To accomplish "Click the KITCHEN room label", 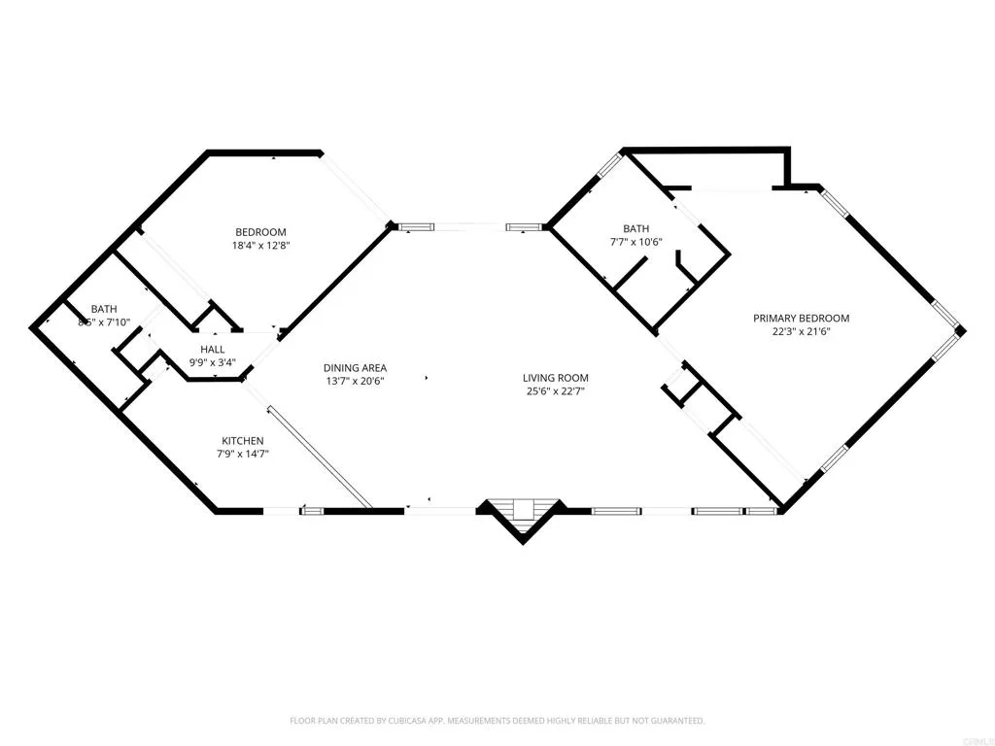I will click(242, 441).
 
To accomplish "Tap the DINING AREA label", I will click(355, 368).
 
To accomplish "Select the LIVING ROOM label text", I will click(556, 379).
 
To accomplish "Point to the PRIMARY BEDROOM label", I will click(802, 319).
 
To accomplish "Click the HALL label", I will click(213, 350).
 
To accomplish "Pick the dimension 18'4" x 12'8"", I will click(260, 245).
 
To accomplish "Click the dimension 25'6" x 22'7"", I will click(556, 392).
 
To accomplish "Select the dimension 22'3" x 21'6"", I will click(802, 332).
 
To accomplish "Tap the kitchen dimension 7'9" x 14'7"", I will click(242, 455).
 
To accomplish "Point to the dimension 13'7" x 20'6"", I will click(355, 382).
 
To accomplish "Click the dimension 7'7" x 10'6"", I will click(636, 243).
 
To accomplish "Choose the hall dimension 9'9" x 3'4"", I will click(213, 363).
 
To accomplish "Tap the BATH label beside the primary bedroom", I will click(636, 229).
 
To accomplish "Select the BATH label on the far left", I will click(104, 309).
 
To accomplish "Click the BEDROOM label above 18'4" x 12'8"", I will click(260, 231).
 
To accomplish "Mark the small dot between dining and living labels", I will click(426, 375).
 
